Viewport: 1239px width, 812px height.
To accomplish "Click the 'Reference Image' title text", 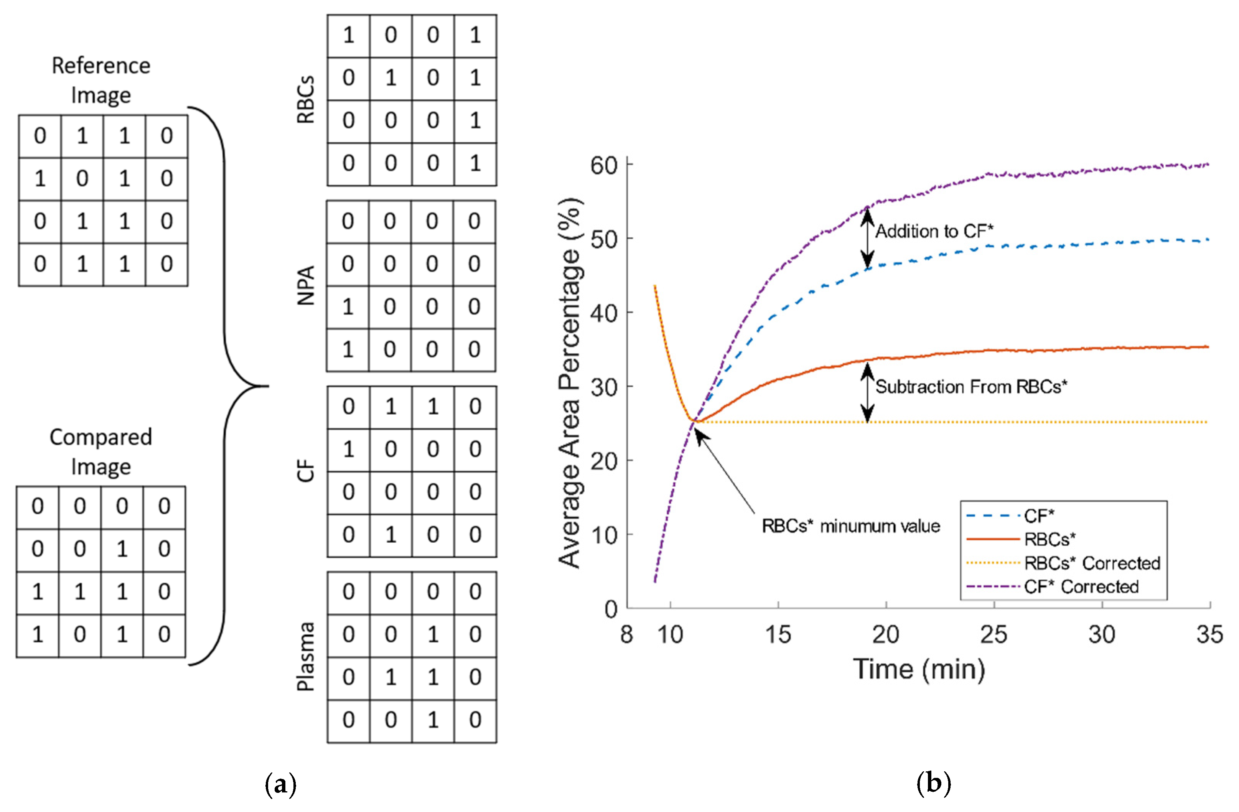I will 101,80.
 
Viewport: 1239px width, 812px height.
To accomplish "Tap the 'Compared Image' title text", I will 101,451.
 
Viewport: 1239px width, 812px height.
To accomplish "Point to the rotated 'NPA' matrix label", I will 306,285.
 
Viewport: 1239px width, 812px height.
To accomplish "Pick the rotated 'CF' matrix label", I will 306,471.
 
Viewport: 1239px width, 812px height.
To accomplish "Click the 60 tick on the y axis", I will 604,166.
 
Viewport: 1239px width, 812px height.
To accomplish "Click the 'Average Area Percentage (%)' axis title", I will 570,382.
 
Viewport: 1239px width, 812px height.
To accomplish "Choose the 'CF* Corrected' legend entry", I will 1081,586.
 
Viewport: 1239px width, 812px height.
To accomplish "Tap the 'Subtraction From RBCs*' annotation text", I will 971,387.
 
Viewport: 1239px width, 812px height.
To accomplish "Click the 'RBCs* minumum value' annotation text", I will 851,526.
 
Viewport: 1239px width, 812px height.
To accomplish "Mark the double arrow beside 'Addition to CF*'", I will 867,238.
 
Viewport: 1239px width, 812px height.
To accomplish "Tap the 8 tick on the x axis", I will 626,634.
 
